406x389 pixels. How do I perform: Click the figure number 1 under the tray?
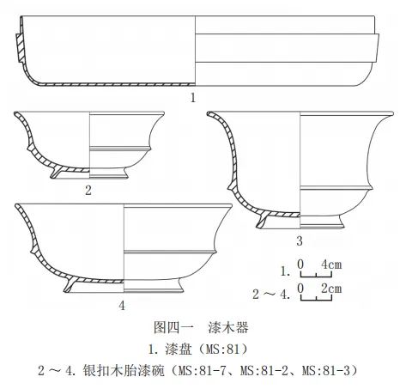(193, 98)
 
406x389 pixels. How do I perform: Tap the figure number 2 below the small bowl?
(88, 191)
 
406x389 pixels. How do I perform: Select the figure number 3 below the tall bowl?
(300, 241)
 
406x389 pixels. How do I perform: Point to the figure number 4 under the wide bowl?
(122, 306)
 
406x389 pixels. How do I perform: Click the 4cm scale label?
(331, 264)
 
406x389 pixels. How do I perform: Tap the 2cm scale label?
(331, 289)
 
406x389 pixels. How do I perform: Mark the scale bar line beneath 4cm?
(316, 275)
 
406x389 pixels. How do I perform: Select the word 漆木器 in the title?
(228, 327)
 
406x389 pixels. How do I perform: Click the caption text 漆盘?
(178, 349)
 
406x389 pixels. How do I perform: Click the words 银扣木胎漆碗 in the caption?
(124, 371)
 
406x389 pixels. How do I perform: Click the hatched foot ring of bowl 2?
(56, 173)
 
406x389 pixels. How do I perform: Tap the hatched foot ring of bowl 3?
(262, 222)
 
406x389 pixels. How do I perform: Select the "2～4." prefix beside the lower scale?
(271, 294)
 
